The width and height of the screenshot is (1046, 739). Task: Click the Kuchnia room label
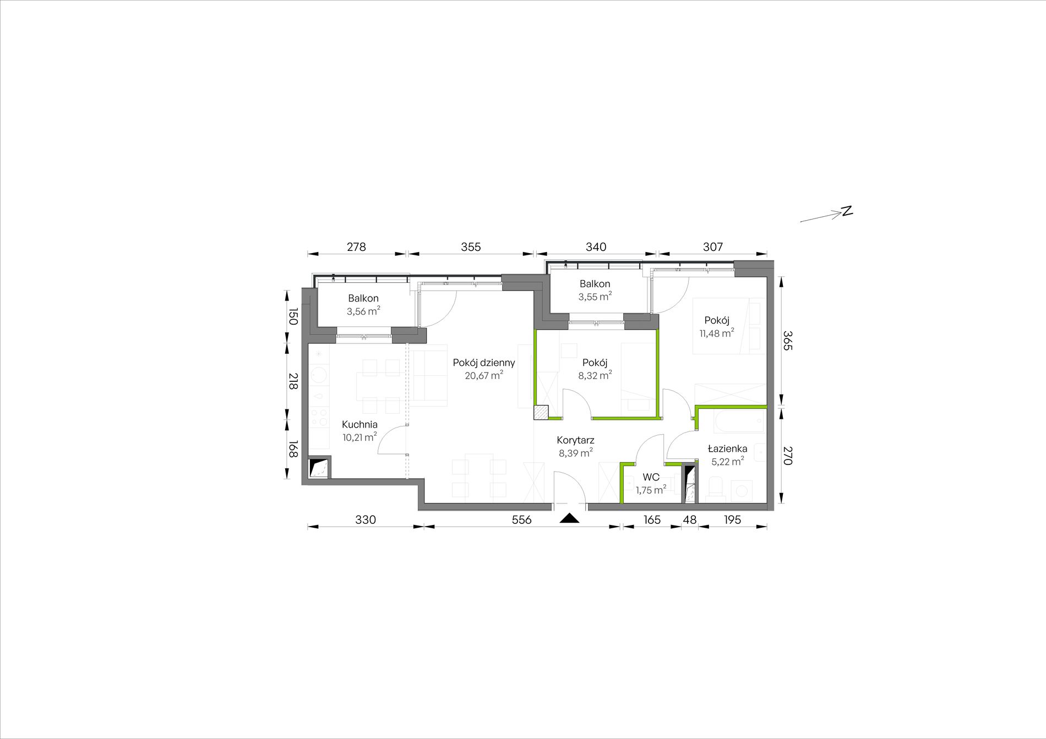point(359,424)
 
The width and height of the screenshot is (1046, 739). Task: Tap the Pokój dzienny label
point(484,363)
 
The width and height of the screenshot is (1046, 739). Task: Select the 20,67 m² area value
point(484,376)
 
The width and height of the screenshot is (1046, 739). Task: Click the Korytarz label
point(575,440)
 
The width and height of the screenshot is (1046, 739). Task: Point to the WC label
point(651,477)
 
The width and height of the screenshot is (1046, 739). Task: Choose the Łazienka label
point(727,448)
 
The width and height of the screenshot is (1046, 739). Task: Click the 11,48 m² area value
point(717,333)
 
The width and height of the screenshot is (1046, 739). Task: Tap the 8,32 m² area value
point(595,375)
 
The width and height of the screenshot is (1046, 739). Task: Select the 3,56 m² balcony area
point(363,311)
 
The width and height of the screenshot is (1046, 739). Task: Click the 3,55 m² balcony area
point(595,297)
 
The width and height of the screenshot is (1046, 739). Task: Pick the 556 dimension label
point(521,519)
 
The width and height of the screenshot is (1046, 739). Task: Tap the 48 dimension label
point(689,519)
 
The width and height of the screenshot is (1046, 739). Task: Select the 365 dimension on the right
point(787,341)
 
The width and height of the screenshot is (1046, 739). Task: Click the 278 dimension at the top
point(356,247)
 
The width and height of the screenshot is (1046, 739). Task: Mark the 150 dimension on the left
point(292,316)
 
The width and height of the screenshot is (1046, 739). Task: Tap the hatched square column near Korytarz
point(541,413)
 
